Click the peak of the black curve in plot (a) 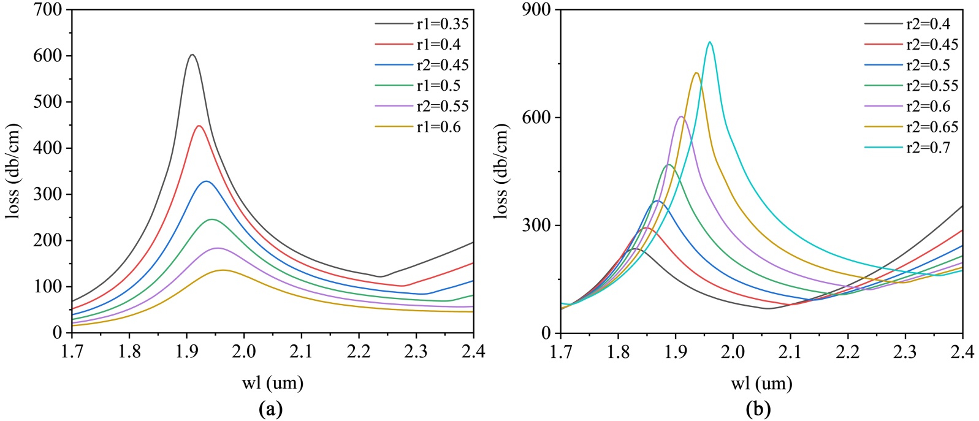click(192, 55)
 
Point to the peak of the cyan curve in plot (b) click(710, 42)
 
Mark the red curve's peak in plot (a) click(199, 126)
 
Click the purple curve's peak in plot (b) click(681, 116)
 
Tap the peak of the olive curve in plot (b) click(696, 73)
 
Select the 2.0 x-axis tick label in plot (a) click(244, 352)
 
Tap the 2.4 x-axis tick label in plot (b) click(962, 352)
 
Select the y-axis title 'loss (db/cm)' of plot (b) click(501, 172)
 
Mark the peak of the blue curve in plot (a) click(206, 181)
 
